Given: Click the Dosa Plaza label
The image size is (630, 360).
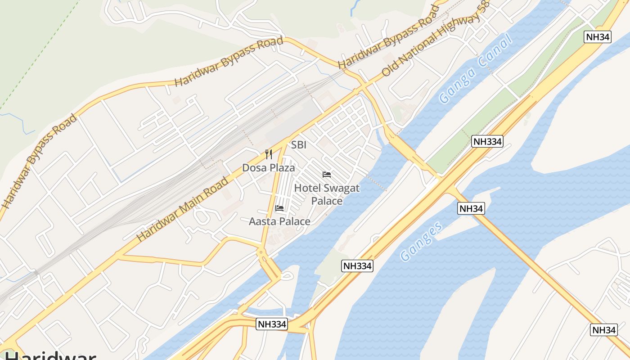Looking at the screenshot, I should click(268, 168).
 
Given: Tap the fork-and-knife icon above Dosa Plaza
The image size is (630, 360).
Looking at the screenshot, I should click(269, 154).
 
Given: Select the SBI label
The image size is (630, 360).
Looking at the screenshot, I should click(299, 145).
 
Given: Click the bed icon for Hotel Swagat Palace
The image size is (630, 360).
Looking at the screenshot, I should click(327, 174).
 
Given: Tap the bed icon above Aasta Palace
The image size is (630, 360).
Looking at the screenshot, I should click(279, 208).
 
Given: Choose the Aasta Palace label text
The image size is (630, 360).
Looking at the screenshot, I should click(279, 221).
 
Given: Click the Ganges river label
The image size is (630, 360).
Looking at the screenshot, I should click(422, 242).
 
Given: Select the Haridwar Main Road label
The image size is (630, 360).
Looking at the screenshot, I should click(182, 209).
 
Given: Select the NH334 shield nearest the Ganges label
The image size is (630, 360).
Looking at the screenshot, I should click(357, 265).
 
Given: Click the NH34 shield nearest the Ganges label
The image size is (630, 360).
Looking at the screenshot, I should click(471, 208).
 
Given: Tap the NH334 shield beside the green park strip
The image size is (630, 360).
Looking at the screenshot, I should click(487, 141).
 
